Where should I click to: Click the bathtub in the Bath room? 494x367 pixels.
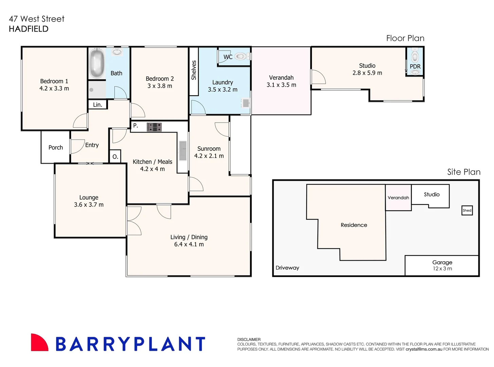point(97,64)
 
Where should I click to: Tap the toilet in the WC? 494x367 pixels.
point(240,56)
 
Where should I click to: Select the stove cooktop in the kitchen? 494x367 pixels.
point(154,127)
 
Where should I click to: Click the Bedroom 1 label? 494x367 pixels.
point(54,81)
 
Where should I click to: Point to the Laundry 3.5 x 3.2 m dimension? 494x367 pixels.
point(222,90)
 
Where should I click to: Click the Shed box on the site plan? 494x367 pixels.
point(467,210)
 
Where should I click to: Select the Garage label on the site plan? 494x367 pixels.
point(442,262)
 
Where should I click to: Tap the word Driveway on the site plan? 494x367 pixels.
point(287,268)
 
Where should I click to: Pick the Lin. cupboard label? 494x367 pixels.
point(97,105)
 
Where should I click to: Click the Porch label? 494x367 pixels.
point(56,147)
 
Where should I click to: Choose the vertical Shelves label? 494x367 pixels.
point(194,70)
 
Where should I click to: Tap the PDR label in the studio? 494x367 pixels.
point(415,67)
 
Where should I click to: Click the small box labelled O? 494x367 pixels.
point(115,157)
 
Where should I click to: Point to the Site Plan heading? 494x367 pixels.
point(463,172)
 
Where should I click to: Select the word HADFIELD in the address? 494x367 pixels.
point(29,29)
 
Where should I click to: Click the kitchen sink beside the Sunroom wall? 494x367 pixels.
point(183,151)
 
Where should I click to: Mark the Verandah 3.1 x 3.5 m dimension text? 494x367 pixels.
point(281,85)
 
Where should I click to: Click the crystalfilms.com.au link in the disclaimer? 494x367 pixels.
point(424,349)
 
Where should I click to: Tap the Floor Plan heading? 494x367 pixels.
point(405,38)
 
